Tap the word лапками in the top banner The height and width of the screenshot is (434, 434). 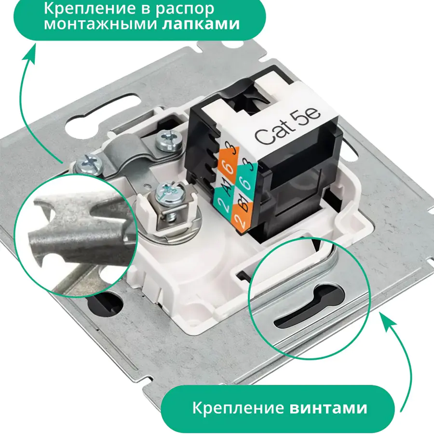click(201, 25)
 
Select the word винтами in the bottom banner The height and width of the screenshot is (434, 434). click(328, 407)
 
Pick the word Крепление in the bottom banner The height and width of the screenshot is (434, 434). click(238, 407)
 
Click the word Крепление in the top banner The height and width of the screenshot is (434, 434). click(90, 8)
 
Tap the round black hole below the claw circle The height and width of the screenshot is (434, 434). click(106, 304)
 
